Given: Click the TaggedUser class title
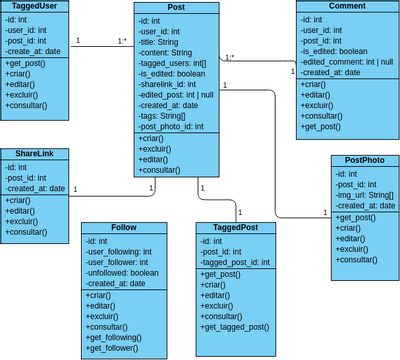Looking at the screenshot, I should [35, 6].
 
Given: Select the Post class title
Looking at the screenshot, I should [176, 8].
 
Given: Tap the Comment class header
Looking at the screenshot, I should [346, 6].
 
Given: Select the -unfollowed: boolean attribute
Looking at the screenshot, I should [122, 273].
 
